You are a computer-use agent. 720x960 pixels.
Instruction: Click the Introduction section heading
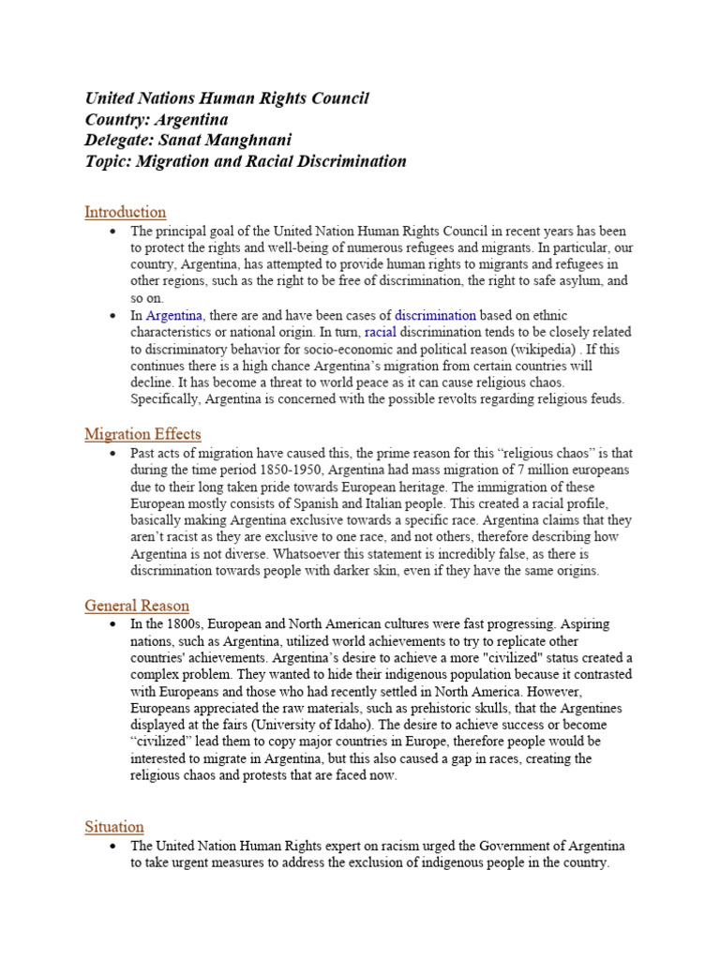click(x=126, y=212)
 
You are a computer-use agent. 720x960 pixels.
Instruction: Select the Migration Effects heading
click(x=142, y=434)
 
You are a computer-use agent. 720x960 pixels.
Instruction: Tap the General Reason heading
click(x=137, y=606)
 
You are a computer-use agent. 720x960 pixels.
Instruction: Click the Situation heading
click(x=114, y=827)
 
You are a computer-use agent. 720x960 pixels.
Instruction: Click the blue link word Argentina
click(x=174, y=315)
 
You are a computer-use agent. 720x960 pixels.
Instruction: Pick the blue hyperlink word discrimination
click(x=435, y=315)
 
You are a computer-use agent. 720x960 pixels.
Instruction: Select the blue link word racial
click(x=381, y=332)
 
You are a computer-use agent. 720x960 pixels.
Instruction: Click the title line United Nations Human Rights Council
click(x=227, y=98)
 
